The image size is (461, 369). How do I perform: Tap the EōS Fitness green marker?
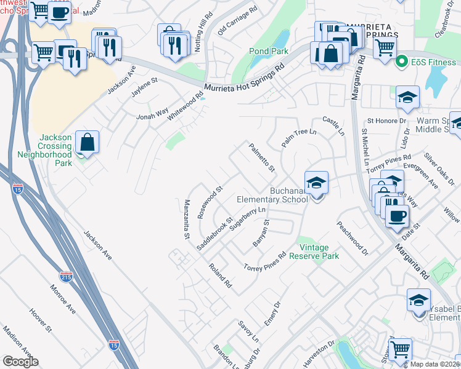click(402, 61)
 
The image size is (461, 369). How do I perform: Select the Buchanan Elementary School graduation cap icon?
click(317, 183)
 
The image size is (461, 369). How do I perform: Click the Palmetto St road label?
click(261, 157)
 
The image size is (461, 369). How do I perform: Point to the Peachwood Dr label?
click(352, 238)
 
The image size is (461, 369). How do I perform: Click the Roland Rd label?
click(219, 276)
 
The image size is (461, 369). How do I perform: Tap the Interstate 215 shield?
click(67, 277)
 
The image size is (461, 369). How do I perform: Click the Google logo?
click(21, 362)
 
